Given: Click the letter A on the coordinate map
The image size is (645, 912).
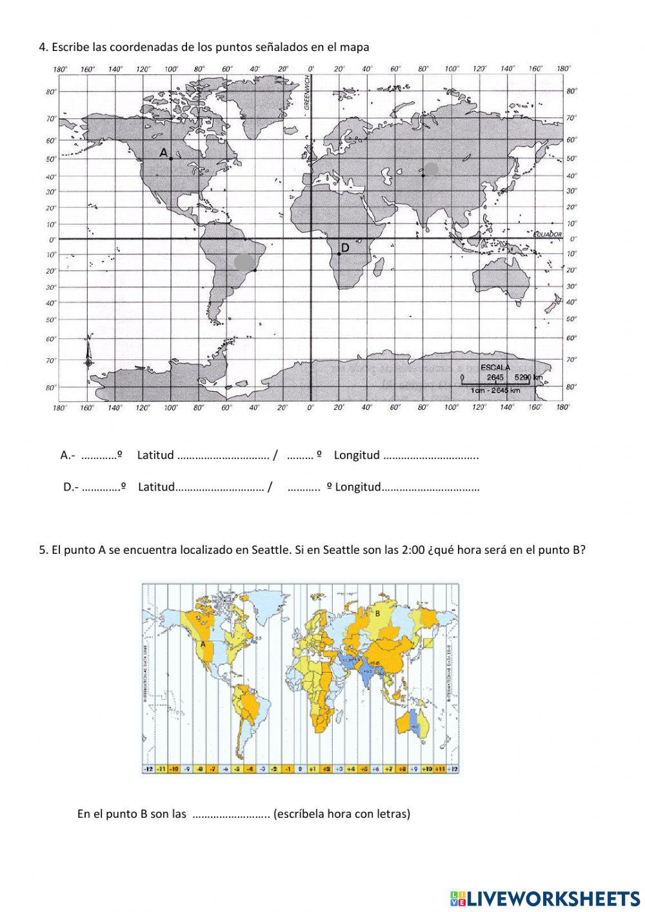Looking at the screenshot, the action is (164, 152).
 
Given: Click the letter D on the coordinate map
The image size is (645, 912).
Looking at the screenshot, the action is (345, 248).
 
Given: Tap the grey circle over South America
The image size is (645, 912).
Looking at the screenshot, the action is (244, 261).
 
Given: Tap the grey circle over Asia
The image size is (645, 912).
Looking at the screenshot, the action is (432, 169).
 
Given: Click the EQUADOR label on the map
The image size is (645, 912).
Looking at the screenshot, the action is (548, 235).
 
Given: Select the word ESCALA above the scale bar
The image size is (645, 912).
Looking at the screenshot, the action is (495, 367).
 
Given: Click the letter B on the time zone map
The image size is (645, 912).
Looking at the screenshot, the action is (378, 614).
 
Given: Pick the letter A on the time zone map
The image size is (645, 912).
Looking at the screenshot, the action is (203, 644).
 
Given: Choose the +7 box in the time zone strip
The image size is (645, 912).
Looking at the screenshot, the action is (389, 769).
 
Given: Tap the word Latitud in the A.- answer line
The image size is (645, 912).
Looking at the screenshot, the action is (155, 455).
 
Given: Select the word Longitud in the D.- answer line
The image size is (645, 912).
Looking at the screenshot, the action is (358, 487).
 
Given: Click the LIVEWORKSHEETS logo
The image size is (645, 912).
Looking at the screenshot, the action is (545, 898).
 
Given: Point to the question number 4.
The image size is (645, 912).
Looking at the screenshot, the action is (43, 47).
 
